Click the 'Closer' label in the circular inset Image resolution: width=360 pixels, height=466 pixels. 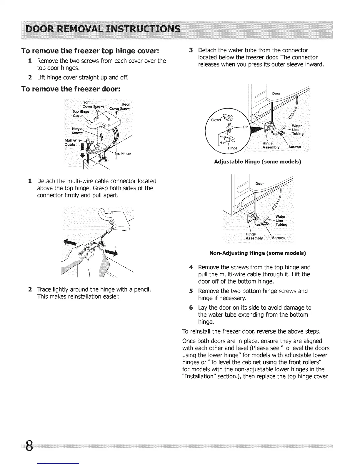pyautogui.click(x=216, y=120)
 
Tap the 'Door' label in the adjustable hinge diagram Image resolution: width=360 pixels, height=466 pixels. pyautogui.click(x=276, y=94)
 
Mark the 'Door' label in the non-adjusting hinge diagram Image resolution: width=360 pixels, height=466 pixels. pyautogui.click(x=260, y=184)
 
